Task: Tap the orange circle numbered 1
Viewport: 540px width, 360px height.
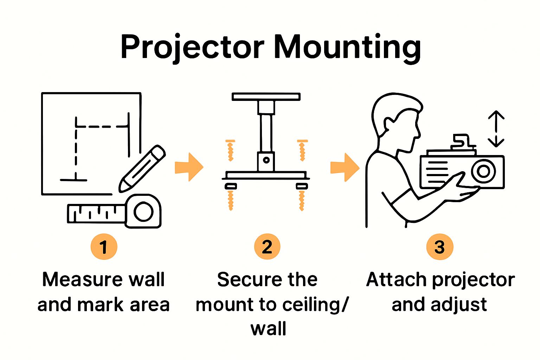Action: point(104,247)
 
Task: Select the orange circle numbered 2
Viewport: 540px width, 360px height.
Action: point(267,247)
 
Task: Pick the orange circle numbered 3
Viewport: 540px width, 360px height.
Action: point(439,247)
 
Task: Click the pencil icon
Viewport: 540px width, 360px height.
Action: point(142,169)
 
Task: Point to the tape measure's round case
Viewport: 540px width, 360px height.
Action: point(143,212)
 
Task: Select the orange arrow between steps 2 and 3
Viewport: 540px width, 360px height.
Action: point(345,167)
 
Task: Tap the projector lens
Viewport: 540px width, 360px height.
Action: point(483,171)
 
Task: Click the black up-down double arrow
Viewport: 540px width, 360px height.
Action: point(496,129)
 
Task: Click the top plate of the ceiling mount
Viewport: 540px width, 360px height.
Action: point(266,97)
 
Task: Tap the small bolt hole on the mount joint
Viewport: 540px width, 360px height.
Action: point(266,160)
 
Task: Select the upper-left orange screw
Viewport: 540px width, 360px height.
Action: point(230,150)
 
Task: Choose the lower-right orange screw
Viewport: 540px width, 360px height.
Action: point(302,200)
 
